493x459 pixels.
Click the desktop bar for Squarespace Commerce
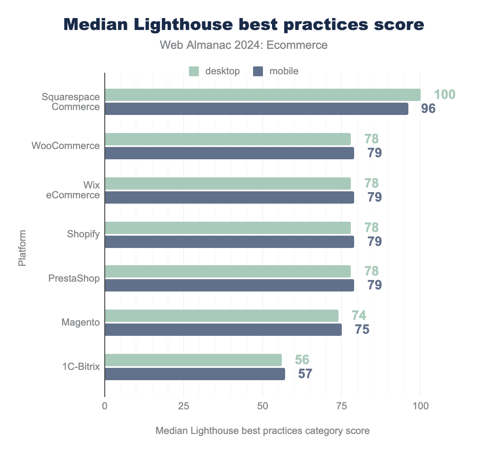click(x=263, y=95)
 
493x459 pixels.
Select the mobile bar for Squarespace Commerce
click(x=256, y=109)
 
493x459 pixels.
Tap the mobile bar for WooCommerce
click(x=229, y=153)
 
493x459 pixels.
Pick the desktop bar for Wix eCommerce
click(x=228, y=184)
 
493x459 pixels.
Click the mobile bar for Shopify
click(x=229, y=242)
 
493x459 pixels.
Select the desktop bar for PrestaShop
click(x=228, y=271)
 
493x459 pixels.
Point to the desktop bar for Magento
click(x=221, y=316)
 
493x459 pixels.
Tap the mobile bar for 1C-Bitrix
click(x=195, y=374)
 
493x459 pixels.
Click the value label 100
click(x=445, y=95)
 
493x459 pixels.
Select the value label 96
click(x=427, y=109)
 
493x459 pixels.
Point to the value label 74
click(x=359, y=315)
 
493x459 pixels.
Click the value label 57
click(x=305, y=374)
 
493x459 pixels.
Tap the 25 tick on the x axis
click(x=184, y=406)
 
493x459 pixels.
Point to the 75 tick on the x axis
click(x=341, y=406)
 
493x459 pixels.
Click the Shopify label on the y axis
click(x=83, y=234)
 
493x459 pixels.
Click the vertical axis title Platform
click(x=22, y=248)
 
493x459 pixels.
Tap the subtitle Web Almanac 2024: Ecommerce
click(x=244, y=45)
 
